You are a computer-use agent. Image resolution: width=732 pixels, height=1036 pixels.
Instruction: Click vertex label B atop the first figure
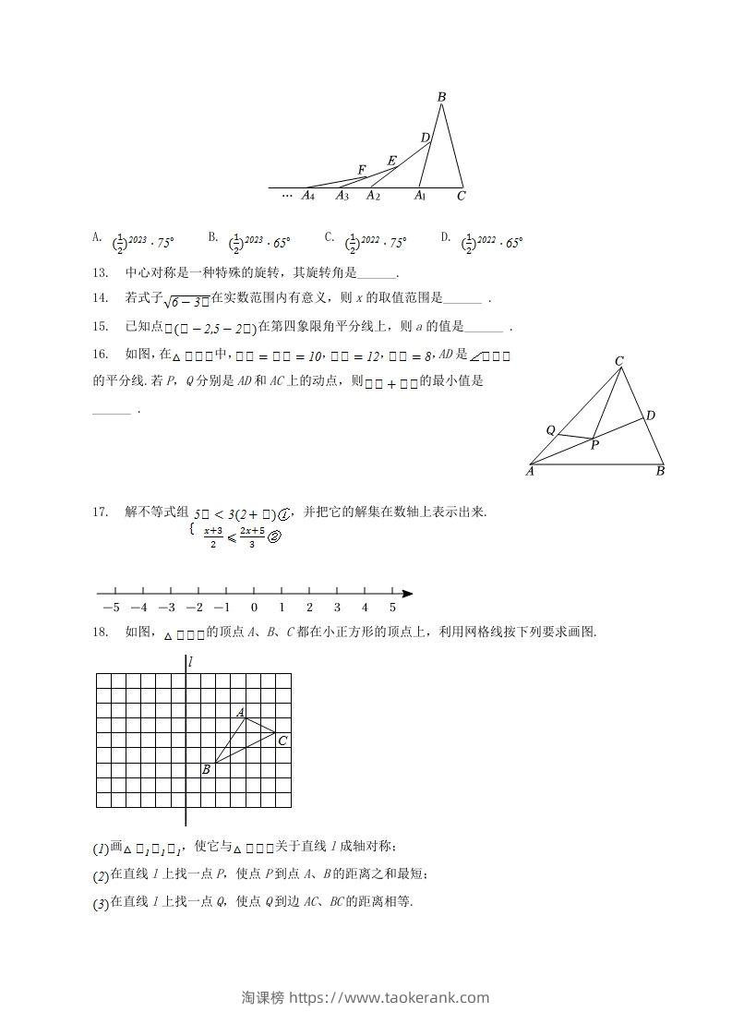[442, 97]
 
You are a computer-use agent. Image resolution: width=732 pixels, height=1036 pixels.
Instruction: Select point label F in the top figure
[362, 170]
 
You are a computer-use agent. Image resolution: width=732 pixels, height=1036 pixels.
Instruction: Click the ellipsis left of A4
[286, 195]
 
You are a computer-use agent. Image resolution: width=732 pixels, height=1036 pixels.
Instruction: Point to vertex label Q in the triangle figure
[550, 430]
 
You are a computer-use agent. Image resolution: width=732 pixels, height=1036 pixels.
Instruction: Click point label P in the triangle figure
[594, 445]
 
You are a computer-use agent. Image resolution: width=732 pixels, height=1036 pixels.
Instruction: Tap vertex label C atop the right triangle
[619, 361]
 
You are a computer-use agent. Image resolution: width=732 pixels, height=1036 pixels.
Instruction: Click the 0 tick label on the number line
[254, 608]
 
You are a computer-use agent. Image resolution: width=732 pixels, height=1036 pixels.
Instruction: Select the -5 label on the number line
[111, 608]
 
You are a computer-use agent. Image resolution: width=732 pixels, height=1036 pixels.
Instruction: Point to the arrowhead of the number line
[407, 593]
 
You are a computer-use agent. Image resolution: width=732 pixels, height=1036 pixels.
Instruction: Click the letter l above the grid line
[189, 662]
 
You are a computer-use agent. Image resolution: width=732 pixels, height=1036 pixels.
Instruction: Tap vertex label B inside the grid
[206, 769]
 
